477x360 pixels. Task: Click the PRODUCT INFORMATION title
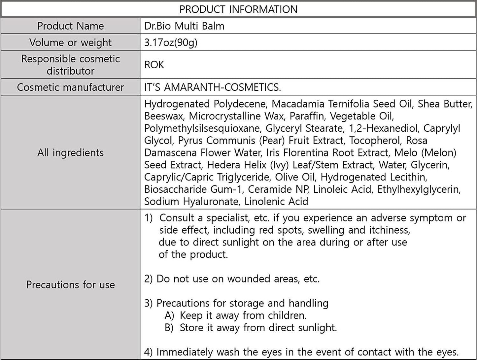238,9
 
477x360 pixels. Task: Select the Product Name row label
70,26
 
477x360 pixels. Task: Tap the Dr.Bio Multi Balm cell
184,26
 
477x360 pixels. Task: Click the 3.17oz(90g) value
171,43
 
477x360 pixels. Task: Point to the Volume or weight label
70,43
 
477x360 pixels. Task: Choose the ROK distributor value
154,65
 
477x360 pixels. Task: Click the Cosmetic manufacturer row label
70,87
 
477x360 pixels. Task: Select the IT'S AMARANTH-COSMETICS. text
213,87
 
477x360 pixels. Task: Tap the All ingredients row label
70,153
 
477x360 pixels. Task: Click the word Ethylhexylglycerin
419,189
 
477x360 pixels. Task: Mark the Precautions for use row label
70,285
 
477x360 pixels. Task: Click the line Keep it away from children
243,316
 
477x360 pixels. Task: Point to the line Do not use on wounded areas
232,279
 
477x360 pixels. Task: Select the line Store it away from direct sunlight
258,328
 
